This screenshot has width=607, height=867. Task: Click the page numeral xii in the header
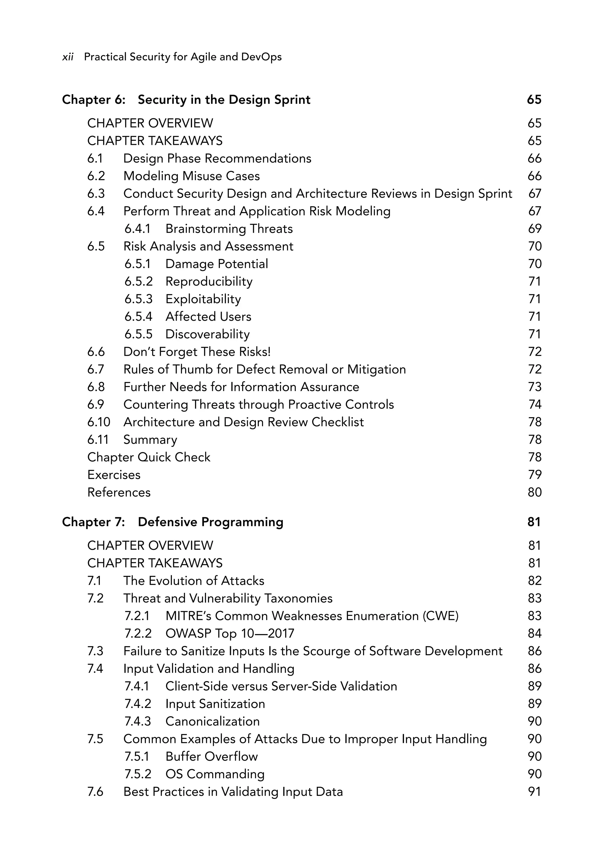[68, 57]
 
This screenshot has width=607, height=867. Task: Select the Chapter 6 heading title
[224, 100]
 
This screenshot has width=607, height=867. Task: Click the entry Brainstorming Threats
[229, 229]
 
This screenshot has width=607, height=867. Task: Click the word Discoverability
[207, 334]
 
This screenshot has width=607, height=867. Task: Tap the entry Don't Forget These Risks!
[197, 352]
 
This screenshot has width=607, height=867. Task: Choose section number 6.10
[98, 422]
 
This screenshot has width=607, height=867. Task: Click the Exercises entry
[114, 475]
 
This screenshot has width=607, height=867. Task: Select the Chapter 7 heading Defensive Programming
[210, 522]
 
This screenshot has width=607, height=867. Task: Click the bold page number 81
[534, 522]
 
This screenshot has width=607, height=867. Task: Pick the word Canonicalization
[213, 722]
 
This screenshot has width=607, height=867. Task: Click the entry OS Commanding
[215, 774]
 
